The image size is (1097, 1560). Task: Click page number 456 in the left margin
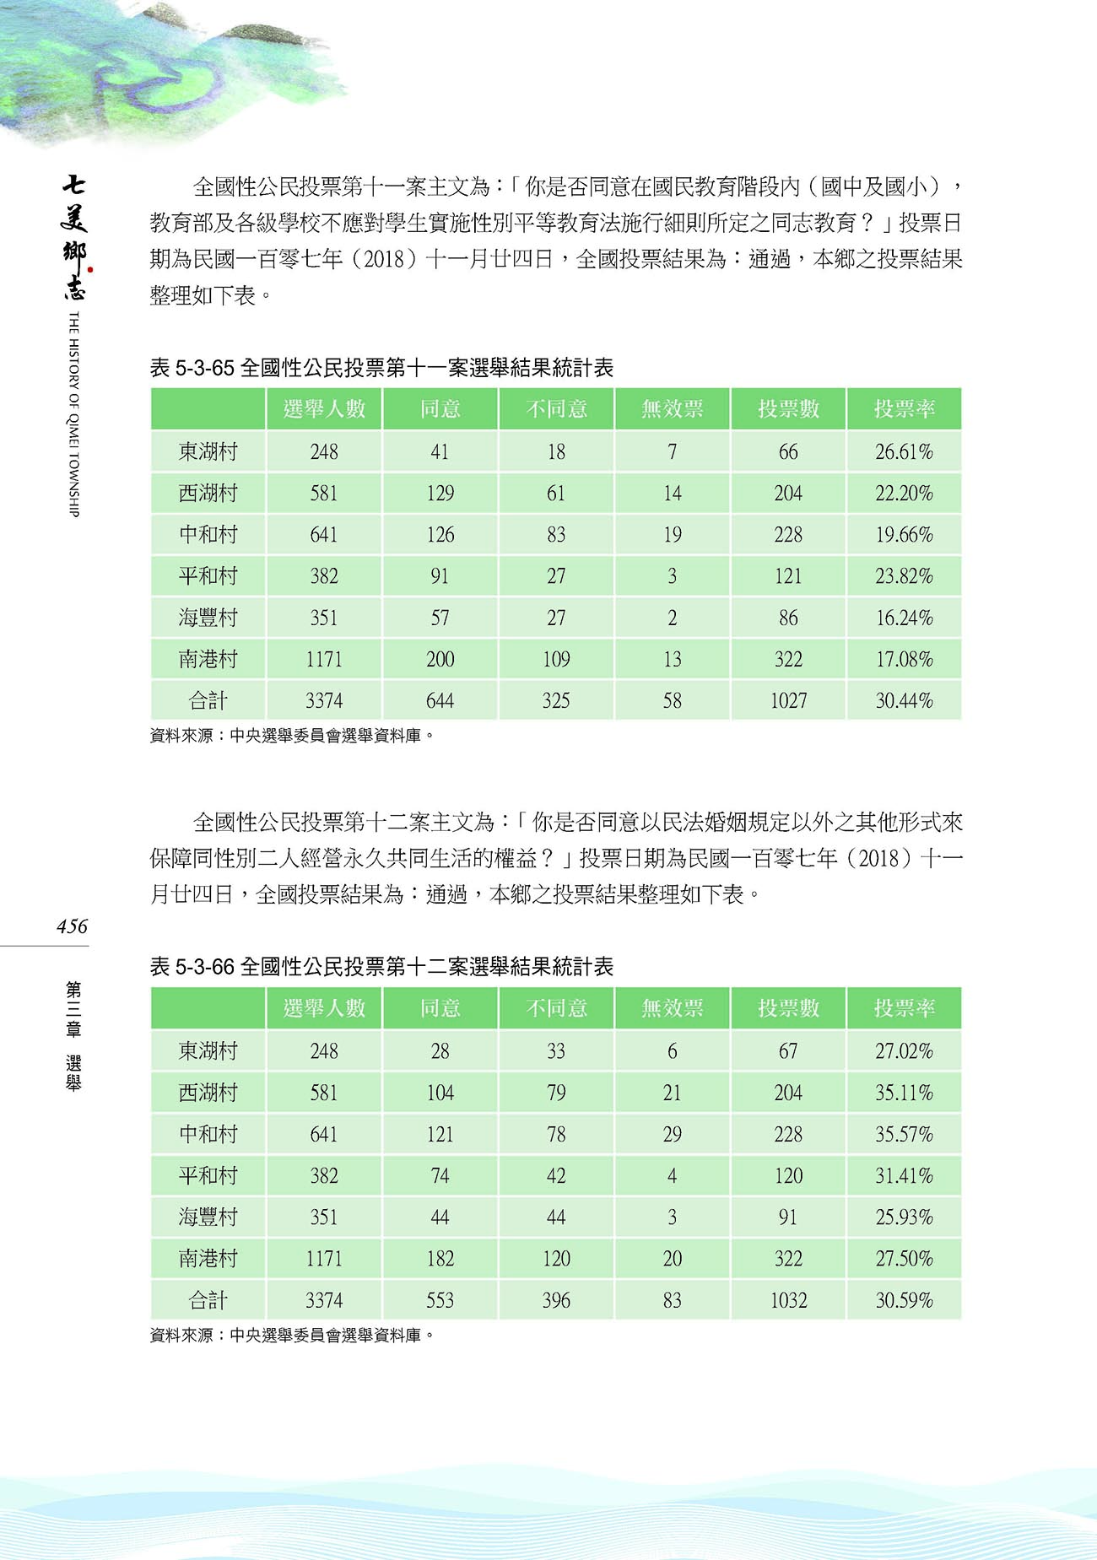[72, 926]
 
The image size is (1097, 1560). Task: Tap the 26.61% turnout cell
[904, 452]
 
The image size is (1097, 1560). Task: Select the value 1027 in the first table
[788, 701]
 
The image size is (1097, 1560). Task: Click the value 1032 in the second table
[788, 1301]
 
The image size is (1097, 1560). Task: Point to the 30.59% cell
[904, 1301]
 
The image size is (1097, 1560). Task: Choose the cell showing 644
[440, 701]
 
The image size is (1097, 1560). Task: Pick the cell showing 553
[440, 1301]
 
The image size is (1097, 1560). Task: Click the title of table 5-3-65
[381, 368]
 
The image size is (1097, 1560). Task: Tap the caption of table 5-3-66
[381, 967]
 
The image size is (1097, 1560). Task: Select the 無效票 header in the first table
[672, 409]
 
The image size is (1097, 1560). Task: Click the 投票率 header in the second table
[904, 1008]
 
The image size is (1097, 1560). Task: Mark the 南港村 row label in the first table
[208, 659]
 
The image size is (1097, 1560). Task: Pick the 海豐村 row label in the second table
[208, 1217]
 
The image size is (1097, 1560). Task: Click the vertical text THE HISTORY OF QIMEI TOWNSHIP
[73, 413]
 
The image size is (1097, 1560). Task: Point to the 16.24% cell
[904, 618]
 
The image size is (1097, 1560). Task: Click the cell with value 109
[556, 659]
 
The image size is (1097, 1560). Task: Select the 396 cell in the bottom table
[556, 1301]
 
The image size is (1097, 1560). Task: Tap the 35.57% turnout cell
[904, 1135]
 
